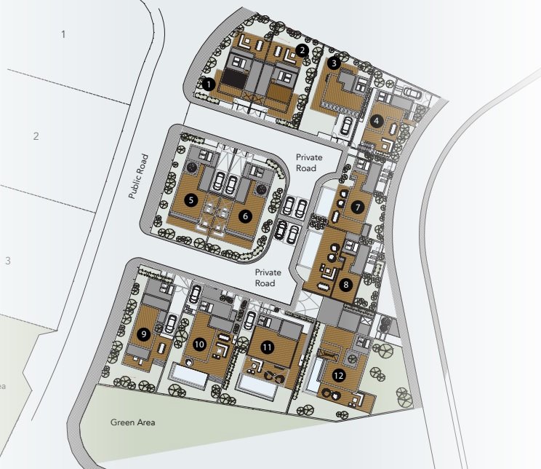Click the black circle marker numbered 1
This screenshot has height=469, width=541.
[x=209, y=84]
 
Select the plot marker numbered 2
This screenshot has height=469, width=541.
[x=302, y=50]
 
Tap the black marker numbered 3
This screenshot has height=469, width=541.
[x=334, y=63]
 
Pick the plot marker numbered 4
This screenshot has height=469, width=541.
[x=377, y=121]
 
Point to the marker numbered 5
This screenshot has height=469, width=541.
[x=191, y=200]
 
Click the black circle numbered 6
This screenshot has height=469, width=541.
[x=245, y=216]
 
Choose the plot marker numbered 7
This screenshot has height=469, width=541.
[x=358, y=208]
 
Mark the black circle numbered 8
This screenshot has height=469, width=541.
[x=345, y=285]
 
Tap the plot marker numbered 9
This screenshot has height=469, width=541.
[x=143, y=334]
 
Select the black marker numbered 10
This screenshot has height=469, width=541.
[x=199, y=344]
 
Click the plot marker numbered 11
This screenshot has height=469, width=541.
[x=267, y=347]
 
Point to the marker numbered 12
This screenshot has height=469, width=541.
[x=339, y=375]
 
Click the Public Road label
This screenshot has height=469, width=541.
[x=138, y=176]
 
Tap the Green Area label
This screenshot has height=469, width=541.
[x=132, y=422]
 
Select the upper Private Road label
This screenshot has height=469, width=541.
[x=309, y=162]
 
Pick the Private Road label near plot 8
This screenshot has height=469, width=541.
[x=268, y=277]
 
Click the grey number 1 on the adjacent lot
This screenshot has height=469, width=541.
[x=63, y=34]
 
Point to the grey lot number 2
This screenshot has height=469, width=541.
[x=36, y=136]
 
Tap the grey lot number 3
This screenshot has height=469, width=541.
[x=8, y=261]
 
